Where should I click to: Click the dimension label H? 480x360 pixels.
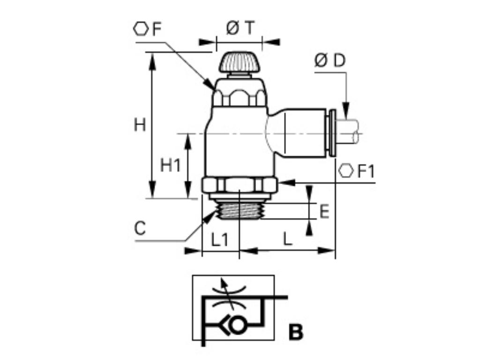[x=140, y=126]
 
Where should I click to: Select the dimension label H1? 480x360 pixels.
[x=170, y=165]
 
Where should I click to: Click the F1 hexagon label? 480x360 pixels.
[x=366, y=172]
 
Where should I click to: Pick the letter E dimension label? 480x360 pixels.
[x=324, y=212]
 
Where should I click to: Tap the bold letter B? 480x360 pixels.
[x=296, y=332]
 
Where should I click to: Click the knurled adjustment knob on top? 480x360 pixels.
[x=240, y=62]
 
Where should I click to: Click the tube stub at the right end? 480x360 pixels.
[x=349, y=131]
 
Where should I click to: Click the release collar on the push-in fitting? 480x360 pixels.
[x=332, y=133]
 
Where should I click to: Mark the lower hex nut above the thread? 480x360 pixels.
[x=240, y=185]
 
